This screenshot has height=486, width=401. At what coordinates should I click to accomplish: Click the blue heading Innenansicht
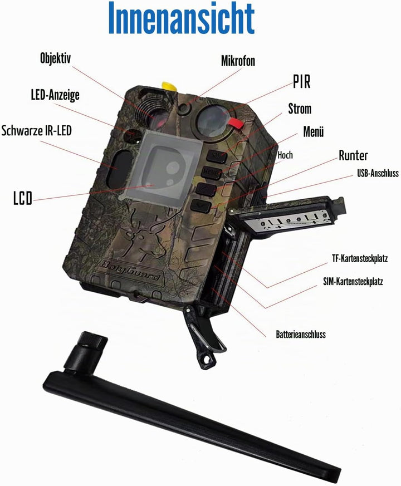(x=182, y=18)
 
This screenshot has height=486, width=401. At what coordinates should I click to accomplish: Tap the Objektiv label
(x=55, y=58)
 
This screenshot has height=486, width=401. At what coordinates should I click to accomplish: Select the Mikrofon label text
(x=238, y=61)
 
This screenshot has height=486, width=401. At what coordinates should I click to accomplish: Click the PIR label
(x=302, y=81)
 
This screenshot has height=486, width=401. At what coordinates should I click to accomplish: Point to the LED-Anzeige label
(x=55, y=95)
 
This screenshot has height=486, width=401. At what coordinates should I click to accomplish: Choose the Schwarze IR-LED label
(x=36, y=130)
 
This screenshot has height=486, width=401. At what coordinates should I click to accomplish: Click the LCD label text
(x=23, y=198)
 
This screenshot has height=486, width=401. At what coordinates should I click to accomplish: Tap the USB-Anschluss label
(x=378, y=173)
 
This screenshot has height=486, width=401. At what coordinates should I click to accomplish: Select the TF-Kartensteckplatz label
(x=360, y=258)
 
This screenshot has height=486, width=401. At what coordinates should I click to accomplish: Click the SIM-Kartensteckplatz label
(x=353, y=282)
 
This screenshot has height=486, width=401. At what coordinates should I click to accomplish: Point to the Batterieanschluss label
(x=301, y=335)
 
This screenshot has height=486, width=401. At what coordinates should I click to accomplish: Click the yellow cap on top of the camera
(x=169, y=86)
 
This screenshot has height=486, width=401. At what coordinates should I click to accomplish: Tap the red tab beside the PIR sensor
(x=237, y=122)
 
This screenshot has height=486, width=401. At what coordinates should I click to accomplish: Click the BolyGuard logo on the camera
(x=130, y=269)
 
